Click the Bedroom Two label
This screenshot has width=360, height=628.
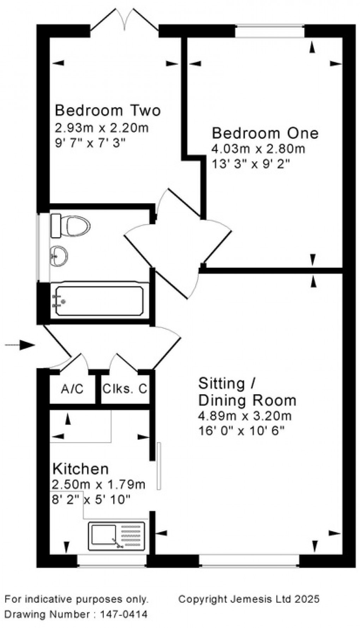pyautogui.click(x=108, y=110)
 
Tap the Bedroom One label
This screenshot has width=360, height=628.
pyautogui.click(x=265, y=133)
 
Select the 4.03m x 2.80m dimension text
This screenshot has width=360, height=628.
pyautogui.click(x=258, y=149)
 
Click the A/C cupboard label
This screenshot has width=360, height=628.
pyautogui.click(x=72, y=389)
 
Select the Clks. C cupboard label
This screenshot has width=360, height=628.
pyautogui.click(x=125, y=389)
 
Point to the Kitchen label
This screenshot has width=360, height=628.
pyautogui.click(x=80, y=469)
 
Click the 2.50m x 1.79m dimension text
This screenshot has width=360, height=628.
pyautogui.click(x=99, y=484)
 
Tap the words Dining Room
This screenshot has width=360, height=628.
pyautogui.click(x=247, y=401)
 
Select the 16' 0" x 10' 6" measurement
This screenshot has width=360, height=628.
pyautogui.click(x=241, y=431)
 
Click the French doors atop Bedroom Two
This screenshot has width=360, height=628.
pyautogui.click(x=124, y=22)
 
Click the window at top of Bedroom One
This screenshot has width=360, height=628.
pyautogui.click(x=270, y=31)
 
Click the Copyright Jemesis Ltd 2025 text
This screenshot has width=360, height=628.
pyautogui.click(x=249, y=599)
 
